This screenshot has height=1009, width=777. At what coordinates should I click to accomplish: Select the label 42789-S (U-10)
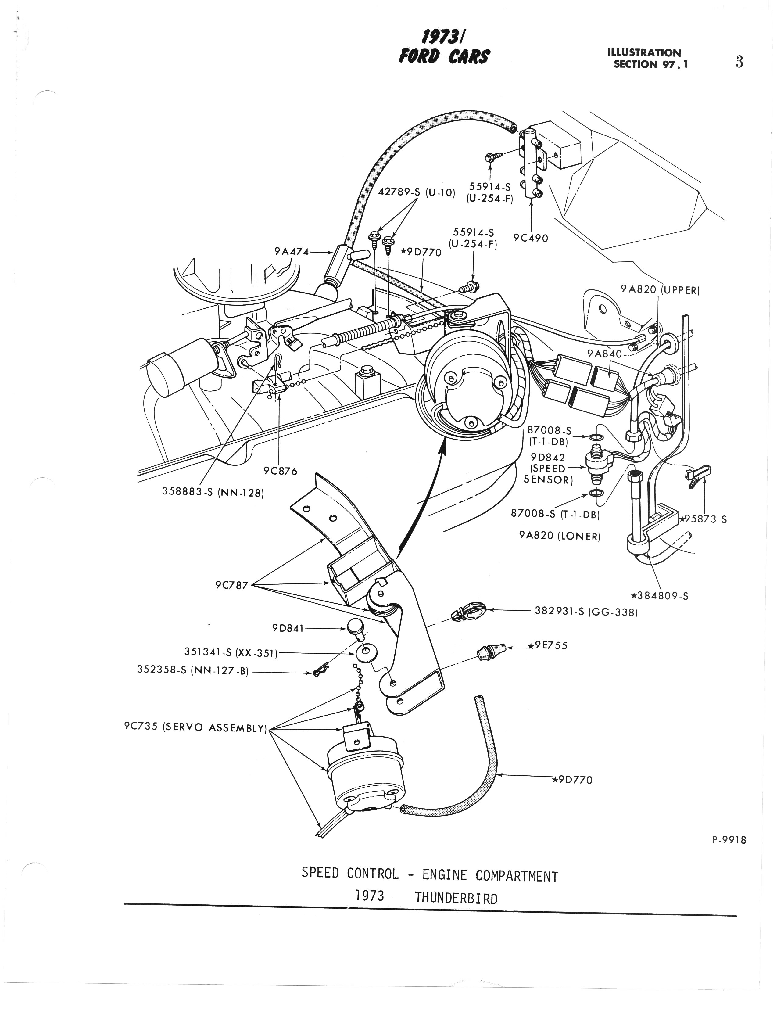417,192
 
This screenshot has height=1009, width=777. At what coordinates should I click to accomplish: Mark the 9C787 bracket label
232,585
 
